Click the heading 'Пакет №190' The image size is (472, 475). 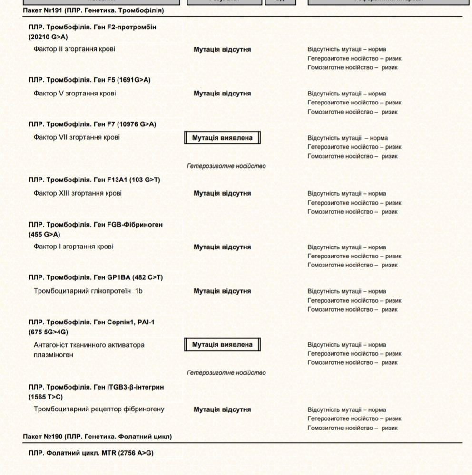97,436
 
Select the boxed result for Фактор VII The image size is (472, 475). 222,138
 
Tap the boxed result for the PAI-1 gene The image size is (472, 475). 222,345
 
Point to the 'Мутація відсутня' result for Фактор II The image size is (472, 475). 222,49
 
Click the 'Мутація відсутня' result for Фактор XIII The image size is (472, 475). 222,193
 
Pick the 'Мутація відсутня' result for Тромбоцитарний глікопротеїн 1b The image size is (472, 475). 222,291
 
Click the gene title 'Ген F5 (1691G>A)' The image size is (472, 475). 89,80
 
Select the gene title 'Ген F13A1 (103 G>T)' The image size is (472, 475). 95,180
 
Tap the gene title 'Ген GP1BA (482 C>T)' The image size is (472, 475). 96,277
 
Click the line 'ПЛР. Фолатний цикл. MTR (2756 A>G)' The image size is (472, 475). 91,453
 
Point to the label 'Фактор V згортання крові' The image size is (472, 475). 75,93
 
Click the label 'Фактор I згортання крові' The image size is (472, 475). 73,247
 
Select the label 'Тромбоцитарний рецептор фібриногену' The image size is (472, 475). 99,409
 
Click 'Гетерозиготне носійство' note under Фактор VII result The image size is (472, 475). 226,166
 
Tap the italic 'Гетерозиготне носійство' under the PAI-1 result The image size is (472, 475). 226,373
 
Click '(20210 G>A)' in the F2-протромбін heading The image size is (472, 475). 48,37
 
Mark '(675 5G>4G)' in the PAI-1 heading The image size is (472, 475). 48,332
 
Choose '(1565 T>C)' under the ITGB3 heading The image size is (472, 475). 46,397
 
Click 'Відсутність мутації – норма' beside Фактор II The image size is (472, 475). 347,49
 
